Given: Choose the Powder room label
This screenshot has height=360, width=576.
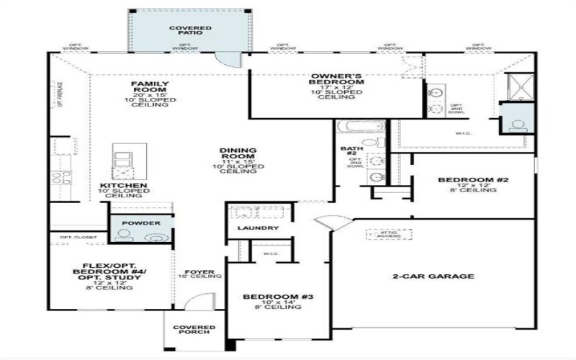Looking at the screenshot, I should coord(141,223).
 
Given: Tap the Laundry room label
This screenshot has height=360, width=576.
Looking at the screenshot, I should coord(257,228).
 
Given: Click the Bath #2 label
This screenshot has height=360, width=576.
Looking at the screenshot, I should coord(349,152).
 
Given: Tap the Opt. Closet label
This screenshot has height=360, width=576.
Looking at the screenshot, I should coord(73,238).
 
